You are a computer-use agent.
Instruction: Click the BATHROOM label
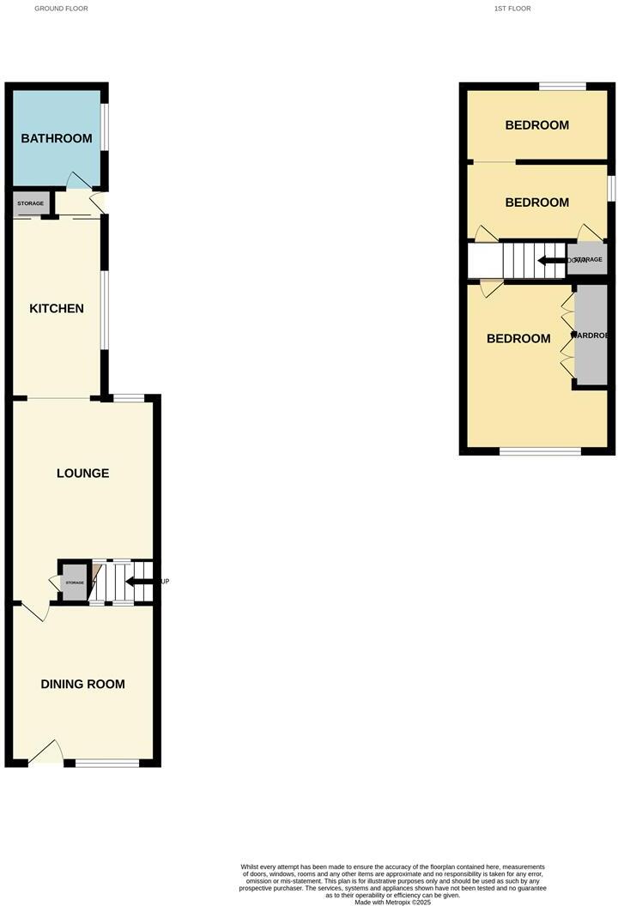[56, 139]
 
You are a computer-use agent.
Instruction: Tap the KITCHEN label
[57, 309]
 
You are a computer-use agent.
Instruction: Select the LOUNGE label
[82, 474]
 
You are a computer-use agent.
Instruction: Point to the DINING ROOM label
[82, 685]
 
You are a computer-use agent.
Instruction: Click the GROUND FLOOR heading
[61, 9]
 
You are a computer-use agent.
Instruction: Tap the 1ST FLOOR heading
[512, 9]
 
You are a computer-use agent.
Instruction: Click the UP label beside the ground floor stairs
[165, 582]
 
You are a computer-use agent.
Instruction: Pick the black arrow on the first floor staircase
[550, 260]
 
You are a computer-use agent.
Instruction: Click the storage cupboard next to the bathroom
[30, 203]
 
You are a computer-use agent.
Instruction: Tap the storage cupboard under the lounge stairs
[74, 583]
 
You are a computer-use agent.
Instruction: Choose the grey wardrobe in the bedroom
[591, 335]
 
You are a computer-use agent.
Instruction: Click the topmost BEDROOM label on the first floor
[536, 125]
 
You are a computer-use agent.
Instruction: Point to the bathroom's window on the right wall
[105, 128]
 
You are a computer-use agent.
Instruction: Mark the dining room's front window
[107, 763]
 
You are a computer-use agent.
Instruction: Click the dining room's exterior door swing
[47, 752]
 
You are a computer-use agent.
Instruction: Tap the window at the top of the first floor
[562, 86]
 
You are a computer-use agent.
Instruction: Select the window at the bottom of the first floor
[540, 450]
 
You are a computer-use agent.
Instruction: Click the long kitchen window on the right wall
[105, 311]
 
